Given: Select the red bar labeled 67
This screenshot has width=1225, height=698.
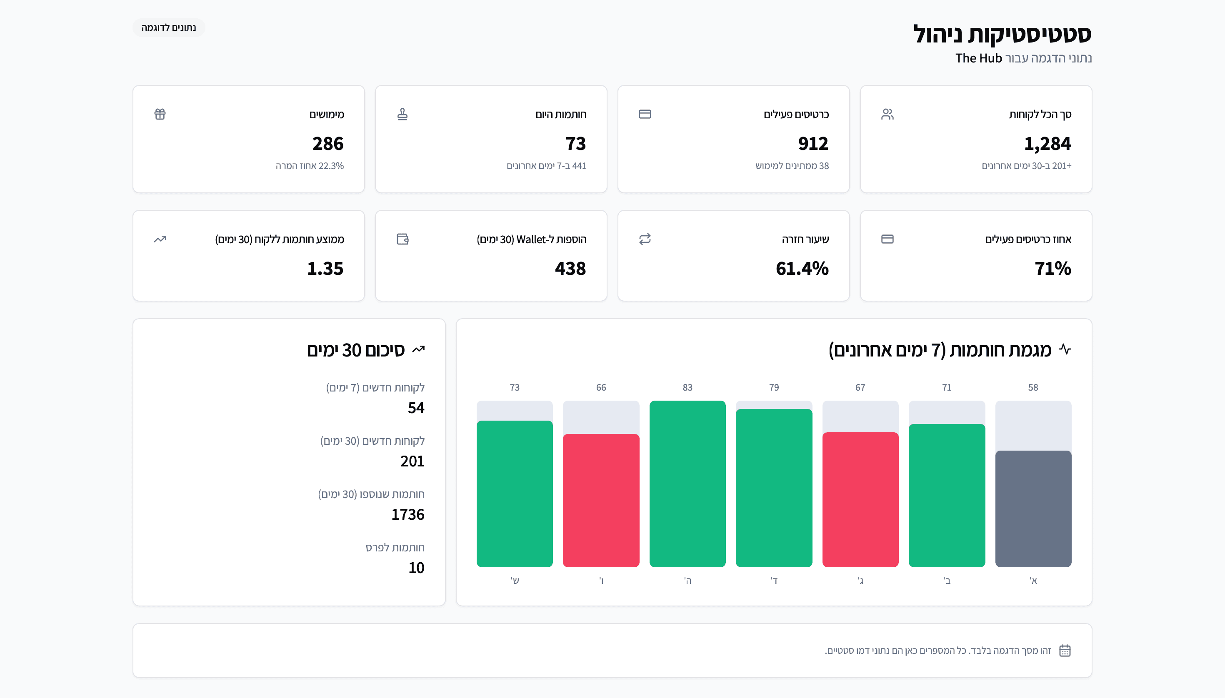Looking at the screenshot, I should click(860, 499).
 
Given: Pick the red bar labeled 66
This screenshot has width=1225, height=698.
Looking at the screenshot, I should click(600, 500).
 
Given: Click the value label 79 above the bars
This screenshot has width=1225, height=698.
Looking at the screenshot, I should click(774, 387).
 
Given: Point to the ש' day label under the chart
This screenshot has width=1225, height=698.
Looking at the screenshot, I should click(515, 581).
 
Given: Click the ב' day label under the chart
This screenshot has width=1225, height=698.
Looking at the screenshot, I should click(946, 581).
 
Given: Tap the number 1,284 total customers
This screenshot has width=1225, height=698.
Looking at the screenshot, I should click(1047, 143).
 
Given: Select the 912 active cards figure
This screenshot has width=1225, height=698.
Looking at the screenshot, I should click(813, 143).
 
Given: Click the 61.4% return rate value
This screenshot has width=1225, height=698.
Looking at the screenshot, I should click(802, 269).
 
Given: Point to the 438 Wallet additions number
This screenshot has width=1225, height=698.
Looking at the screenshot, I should click(570, 269).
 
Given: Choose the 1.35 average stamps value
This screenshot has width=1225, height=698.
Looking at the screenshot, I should click(325, 269).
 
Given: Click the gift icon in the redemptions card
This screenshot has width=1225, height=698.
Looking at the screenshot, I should click(160, 114).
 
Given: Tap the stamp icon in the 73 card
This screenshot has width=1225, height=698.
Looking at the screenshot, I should click(402, 114).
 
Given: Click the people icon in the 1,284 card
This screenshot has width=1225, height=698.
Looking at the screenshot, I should click(887, 114).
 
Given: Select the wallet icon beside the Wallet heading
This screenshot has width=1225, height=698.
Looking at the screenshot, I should click(402, 239).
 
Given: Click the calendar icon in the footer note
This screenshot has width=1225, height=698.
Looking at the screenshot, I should click(1065, 651).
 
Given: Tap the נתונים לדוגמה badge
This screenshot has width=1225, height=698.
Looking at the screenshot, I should click(169, 28).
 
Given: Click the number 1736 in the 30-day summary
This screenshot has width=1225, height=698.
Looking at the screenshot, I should click(407, 514).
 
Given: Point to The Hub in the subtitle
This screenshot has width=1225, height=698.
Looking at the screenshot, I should click(978, 58).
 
